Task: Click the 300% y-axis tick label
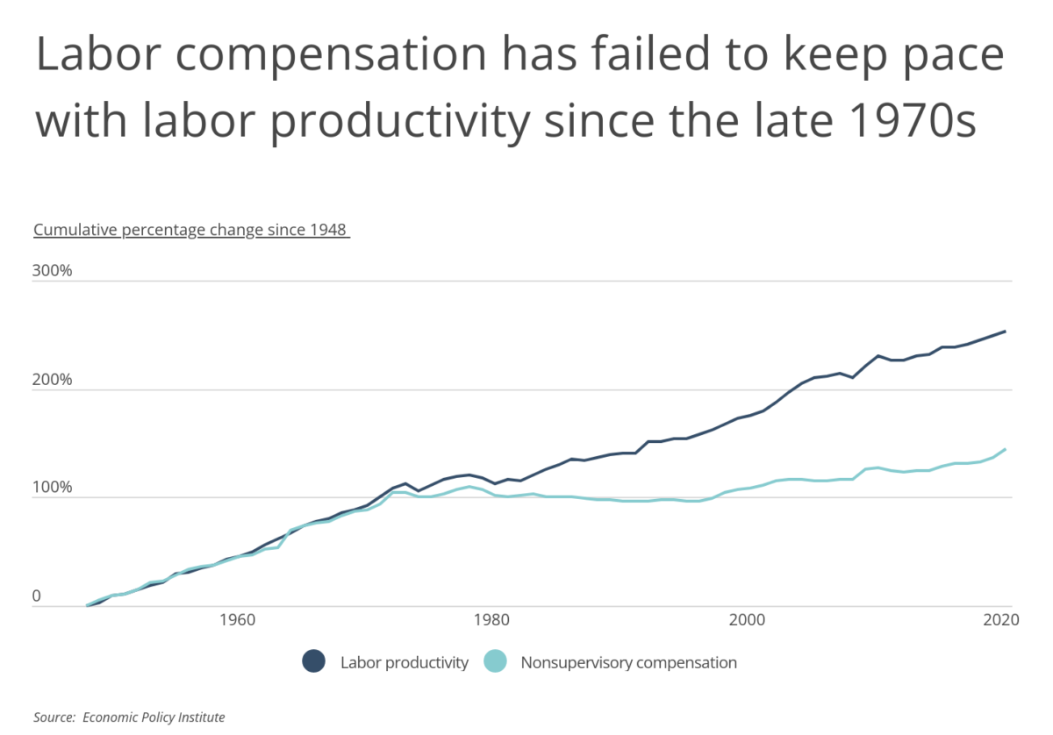point(52,270)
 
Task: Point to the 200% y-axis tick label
point(52,379)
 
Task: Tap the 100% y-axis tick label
point(52,488)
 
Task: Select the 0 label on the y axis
point(37,596)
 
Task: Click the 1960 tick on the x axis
point(236,619)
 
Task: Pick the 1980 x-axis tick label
point(491,619)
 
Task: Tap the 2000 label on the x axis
point(747,619)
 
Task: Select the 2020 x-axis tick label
point(1000,619)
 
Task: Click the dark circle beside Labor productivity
point(313,662)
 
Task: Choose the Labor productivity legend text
point(405,662)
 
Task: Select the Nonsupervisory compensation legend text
point(628,662)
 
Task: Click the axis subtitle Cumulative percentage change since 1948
point(191,230)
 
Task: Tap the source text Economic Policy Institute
point(154,717)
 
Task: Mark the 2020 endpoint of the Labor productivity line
point(1005,331)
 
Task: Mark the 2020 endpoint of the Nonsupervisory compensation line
point(1005,449)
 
